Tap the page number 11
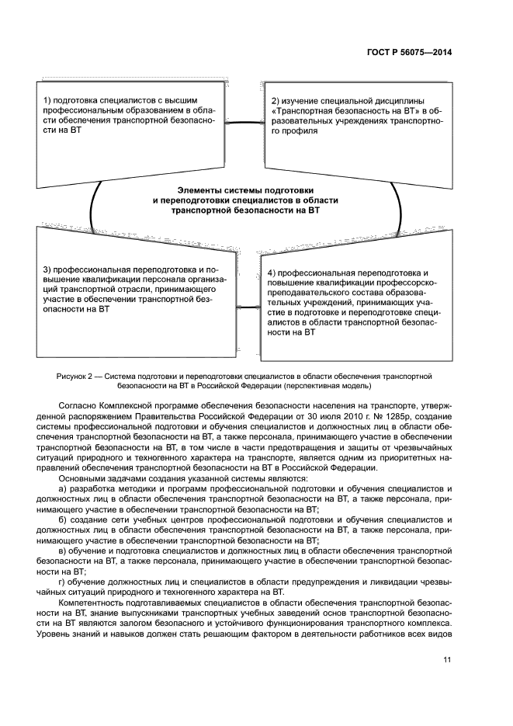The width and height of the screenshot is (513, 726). tap(447, 660)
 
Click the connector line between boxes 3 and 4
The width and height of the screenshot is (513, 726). tap(244, 306)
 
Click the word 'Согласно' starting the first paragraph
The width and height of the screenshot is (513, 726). tap(77, 405)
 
